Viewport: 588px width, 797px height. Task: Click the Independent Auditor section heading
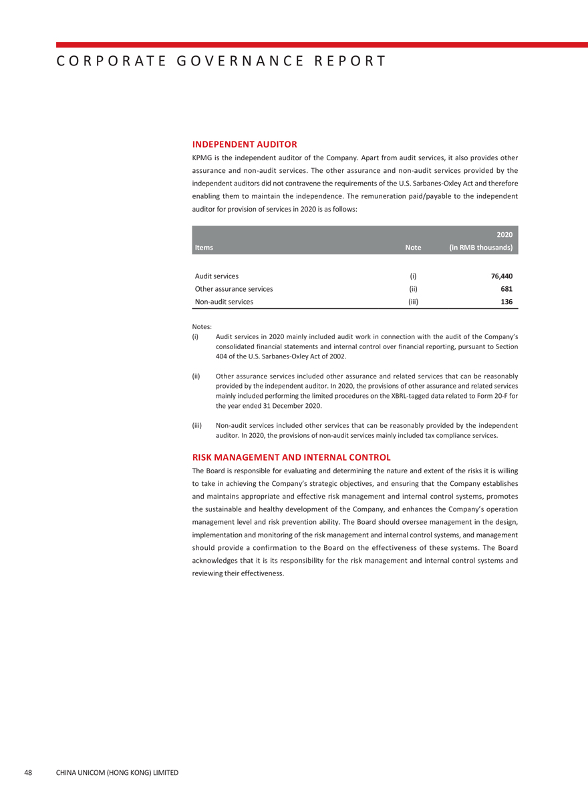245,144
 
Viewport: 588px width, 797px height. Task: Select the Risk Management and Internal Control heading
291,457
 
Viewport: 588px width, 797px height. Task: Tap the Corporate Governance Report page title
220,61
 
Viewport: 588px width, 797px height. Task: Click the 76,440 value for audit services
502,276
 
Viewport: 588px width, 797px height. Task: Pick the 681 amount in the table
506,289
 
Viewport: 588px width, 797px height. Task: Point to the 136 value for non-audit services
506,302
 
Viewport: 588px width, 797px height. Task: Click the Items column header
204,248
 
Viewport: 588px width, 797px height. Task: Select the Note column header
413,248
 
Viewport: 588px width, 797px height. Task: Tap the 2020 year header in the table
504,234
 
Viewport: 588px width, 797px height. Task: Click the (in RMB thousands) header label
480,248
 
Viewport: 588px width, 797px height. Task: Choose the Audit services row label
216,276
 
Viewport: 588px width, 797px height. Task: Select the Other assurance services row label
233,289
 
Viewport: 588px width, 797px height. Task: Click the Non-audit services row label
224,302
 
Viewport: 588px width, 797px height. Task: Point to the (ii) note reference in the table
413,289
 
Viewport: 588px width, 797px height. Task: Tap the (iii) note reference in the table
413,302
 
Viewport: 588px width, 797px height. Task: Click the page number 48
28,772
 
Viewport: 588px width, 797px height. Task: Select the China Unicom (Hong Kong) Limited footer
117,772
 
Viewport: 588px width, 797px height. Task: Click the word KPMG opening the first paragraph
202,158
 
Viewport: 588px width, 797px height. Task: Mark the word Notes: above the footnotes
202,326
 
